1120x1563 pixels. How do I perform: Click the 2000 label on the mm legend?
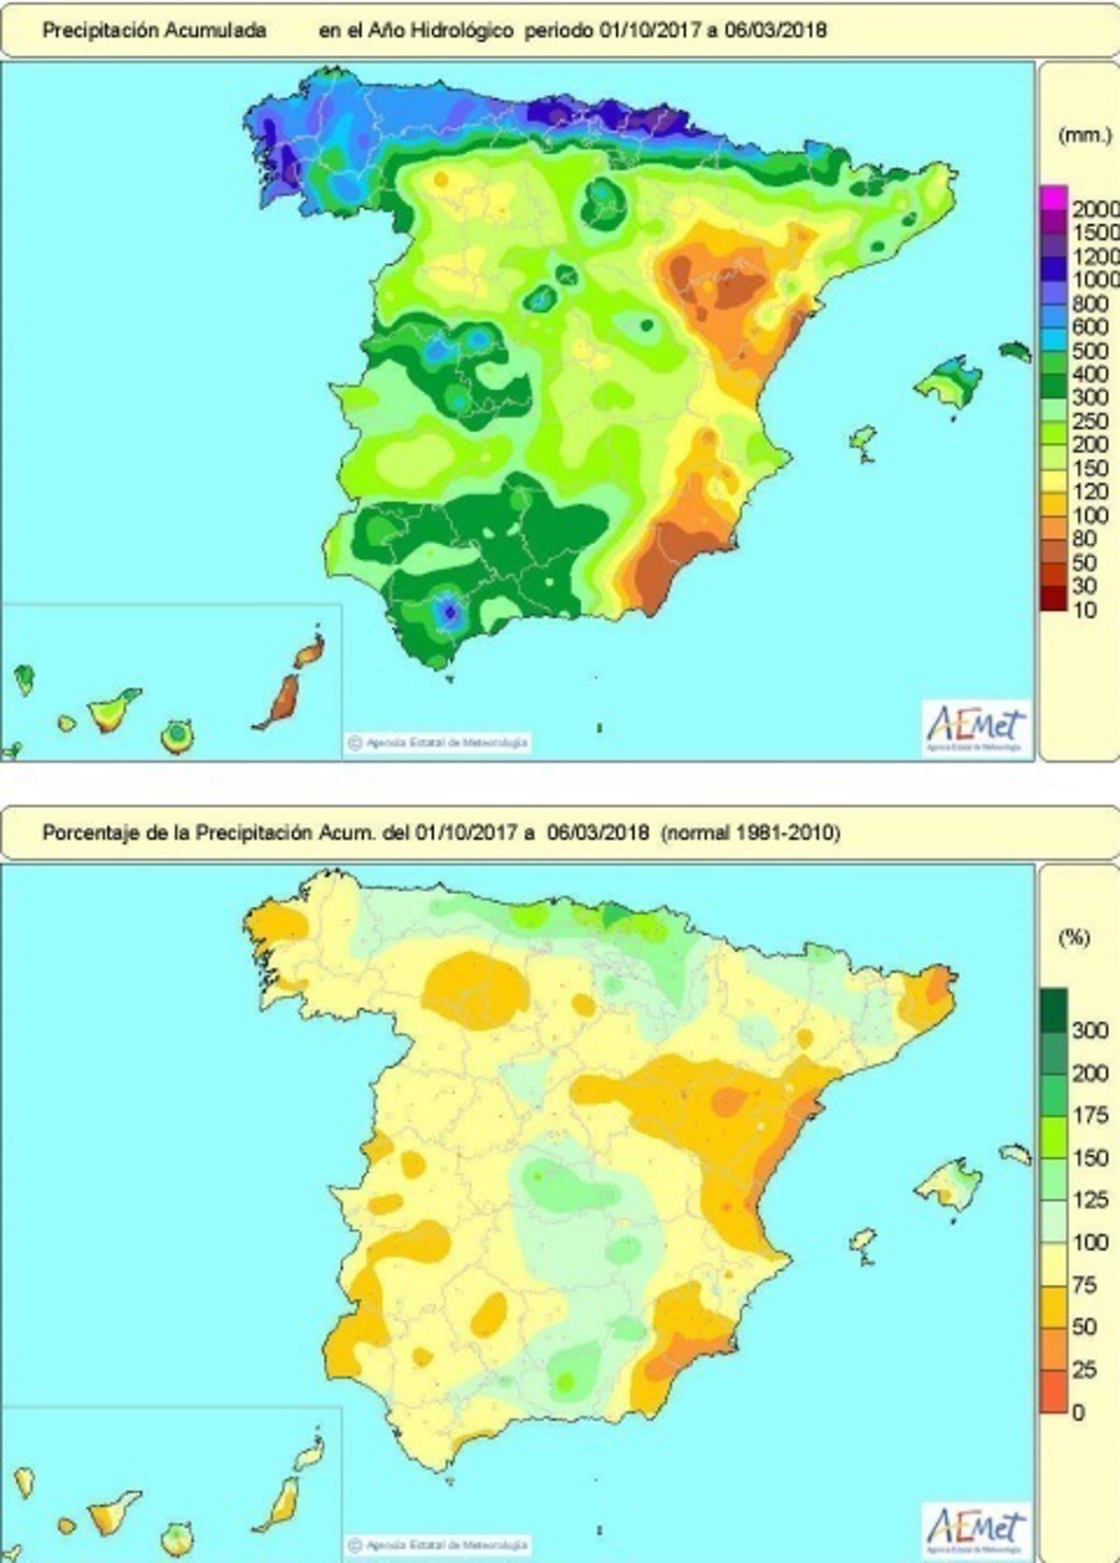click(x=1094, y=209)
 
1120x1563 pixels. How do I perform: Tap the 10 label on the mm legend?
click(x=1085, y=612)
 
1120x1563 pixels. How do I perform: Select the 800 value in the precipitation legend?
click(x=1089, y=304)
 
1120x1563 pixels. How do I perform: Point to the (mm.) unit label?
click(x=1085, y=136)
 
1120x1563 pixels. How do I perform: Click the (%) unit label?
click(x=1073, y=937)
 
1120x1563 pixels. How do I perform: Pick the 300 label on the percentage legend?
click(x=1089, y=1031)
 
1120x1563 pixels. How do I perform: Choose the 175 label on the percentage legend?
click(x=1089, y=1115)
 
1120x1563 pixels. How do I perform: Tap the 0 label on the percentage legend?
click(x=1079, y=1412)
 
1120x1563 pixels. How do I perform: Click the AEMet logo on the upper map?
click(x=975, y=727)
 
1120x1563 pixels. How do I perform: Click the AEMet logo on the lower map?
click(x=975, y=1529)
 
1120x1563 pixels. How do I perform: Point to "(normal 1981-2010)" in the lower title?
click(x=750, y=832)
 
